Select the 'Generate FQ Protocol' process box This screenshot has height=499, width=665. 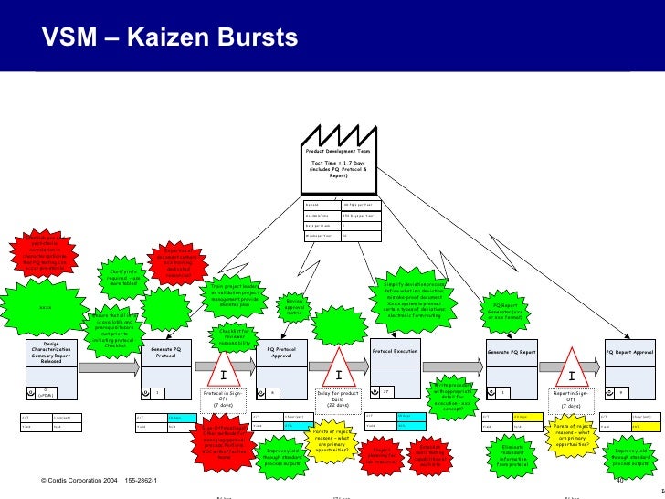pos(165,352)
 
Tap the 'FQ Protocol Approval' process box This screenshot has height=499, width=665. pos(281,352)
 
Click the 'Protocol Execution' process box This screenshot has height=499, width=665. pos(394,351)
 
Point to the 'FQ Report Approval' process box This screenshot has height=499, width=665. pos(629,352)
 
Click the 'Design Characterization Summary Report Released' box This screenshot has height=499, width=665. pos(51,353)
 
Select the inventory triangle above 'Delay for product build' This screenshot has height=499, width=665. pos(338,376)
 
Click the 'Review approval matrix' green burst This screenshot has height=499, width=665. pos(294,305)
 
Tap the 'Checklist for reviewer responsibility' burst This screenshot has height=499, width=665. pos(233,337)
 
